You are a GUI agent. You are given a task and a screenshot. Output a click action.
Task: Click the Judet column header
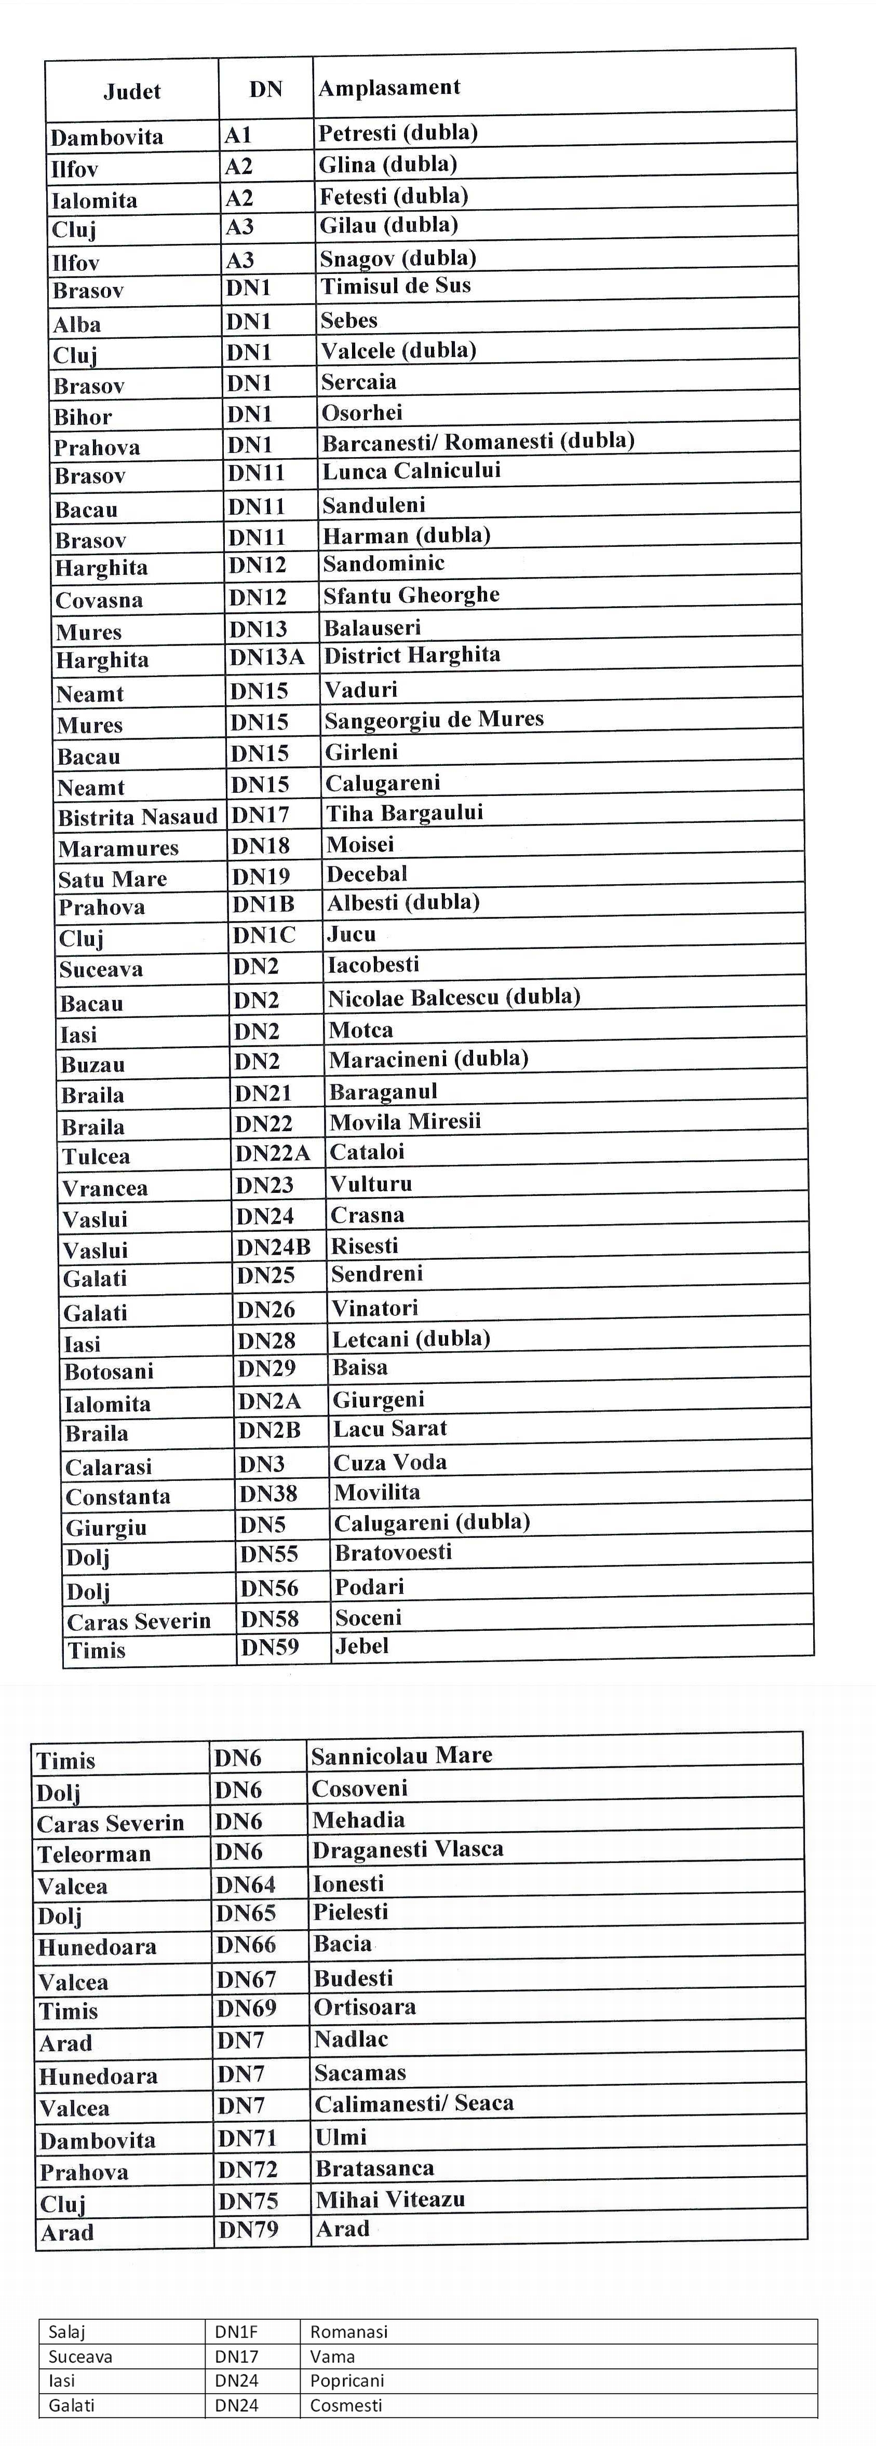(x=132, y=91)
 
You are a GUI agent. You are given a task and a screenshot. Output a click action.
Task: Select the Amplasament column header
(x=389, y=88)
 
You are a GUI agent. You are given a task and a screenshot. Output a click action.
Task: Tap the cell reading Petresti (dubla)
(x=398, y=133)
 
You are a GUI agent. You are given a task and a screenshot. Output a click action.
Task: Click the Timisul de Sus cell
(x=395, y=286)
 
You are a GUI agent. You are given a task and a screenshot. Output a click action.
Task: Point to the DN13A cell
(x=266, y=657)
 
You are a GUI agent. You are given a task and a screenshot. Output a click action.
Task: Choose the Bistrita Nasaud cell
(x=138, y=817)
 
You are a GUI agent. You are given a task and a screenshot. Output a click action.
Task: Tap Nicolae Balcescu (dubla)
(x=454, y=997)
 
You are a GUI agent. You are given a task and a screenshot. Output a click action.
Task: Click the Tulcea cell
(x=96, y=1157)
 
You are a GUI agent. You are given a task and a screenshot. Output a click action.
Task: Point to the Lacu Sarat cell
(x=389, y=1429)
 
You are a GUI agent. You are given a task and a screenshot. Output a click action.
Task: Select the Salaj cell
(x=66, y=2331)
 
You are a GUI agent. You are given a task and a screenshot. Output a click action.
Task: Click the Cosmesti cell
(x=346, y=2405)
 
